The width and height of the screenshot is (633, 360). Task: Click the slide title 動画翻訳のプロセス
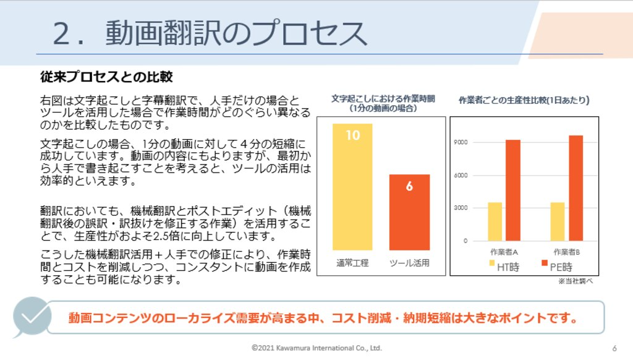(210, 33)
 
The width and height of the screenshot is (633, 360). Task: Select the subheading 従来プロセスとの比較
(106, 77)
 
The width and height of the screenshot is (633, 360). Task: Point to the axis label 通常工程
(352, 263)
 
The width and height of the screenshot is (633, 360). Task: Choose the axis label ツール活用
(409, 263)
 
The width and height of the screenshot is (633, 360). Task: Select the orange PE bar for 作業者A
(513, 190)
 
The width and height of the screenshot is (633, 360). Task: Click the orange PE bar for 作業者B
(576, 188)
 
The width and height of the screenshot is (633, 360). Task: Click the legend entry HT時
(503, 267)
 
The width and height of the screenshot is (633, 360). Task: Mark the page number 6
(614, 348)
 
